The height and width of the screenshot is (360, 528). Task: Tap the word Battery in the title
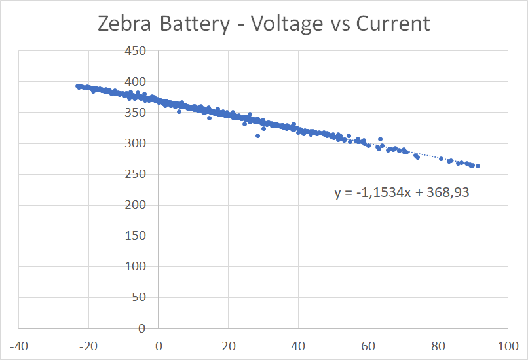click(197, 24)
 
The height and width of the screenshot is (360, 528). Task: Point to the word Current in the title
click(393, 24)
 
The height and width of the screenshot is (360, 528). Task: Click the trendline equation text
click(402, 193)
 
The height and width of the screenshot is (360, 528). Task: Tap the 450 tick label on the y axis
click(136, 52)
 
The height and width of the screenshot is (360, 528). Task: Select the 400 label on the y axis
click(136, 82)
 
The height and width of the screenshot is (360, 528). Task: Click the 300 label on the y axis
click(136, 144)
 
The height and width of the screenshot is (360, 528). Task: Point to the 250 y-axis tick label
click(136, 175)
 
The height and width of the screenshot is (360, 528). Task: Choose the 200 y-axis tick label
click(136, 206)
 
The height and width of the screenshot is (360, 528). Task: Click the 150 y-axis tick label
click(136, 236)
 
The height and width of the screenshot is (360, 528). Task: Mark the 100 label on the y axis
click(136, 267)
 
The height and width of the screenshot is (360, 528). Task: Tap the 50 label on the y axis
click(138, 298)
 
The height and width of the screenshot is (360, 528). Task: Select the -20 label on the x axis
click(88, 345)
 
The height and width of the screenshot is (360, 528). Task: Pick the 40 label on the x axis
click(298, 345)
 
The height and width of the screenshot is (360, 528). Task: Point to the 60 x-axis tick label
click(368, 345)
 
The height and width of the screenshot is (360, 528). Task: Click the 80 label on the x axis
click(438, 345)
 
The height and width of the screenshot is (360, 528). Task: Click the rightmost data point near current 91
click(478, 166)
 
